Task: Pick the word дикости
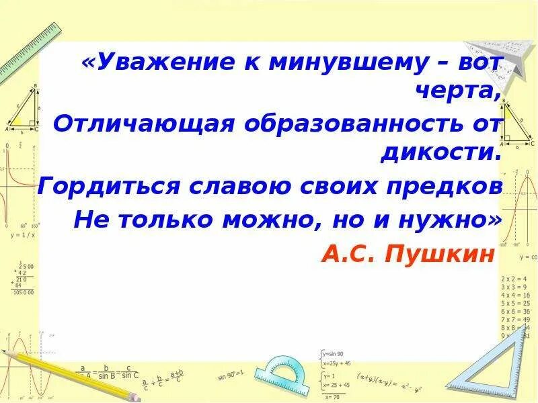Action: [441, 153]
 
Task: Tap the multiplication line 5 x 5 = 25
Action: [516, 303]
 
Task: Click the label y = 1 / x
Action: [22, 235]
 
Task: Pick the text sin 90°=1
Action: [231, 373]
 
